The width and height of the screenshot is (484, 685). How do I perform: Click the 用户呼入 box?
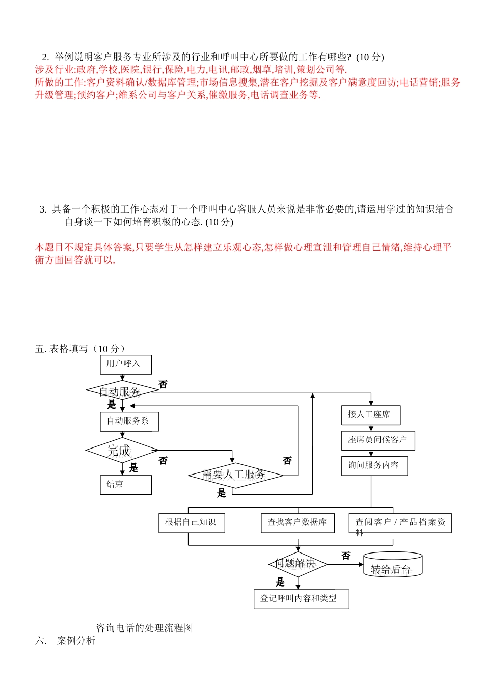pyautogui.click(x=125, y=364)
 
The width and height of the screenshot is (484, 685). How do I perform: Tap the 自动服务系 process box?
pyautogui.click(x=129, y=421)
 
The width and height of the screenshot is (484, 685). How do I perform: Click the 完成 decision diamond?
pyautogui.click(x=122, y=450)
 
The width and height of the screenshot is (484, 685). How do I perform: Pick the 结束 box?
pyautogui.click(x=126, y=485)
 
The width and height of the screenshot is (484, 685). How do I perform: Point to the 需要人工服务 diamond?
pyautogui.click(x=235, y=475)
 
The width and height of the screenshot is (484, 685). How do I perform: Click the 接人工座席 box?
pyautogui.click(x=370, y=415)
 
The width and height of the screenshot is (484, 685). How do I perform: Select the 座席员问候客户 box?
pyautogui.click(x=378, y=440)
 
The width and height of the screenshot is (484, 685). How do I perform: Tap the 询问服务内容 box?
pyautogui.click(x=374, y=466)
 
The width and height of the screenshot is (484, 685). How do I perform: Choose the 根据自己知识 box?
pyautogui.click(x=192, y=523)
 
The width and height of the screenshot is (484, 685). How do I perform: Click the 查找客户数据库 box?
pyautogui.click(x=298, y=523)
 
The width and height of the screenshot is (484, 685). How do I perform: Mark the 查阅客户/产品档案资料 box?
pyautogui.click(x=400, y=523)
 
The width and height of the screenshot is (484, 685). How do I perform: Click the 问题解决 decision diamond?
pyautogui.click(x=298, y=564)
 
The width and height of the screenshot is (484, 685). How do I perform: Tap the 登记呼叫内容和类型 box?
pyautogui.click(x=301, y=599)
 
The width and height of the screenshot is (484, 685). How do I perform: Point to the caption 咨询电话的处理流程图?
pyautogui.click(x=145, y=628)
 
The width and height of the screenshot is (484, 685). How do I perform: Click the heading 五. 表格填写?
pyautogui.click(x=80, y=349)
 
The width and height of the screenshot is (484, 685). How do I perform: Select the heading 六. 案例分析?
pyautogui.click(x=65, y=641)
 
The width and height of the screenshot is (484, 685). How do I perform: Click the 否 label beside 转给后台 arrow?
pyautogui.click(x=346, y=556)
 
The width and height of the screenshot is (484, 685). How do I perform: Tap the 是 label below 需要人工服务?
pyautogui.click(x=222, y=493)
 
